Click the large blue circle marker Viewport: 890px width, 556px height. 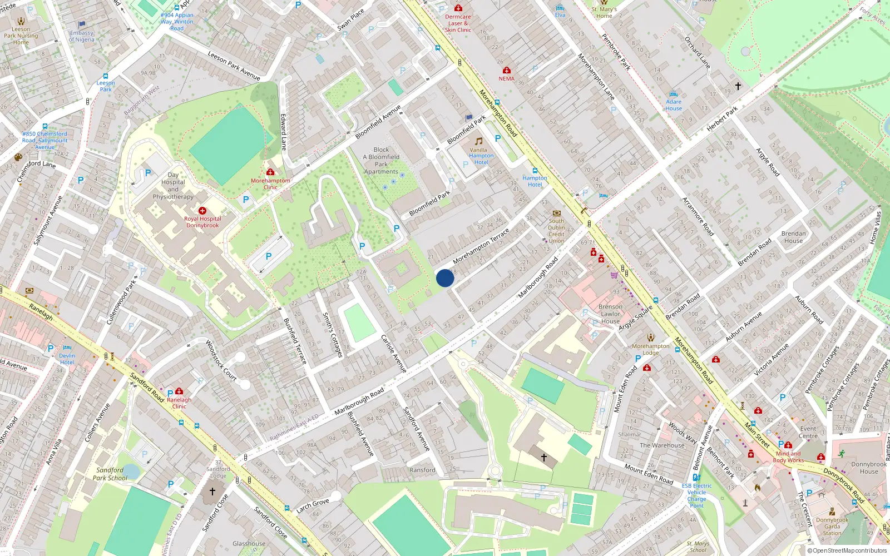445,278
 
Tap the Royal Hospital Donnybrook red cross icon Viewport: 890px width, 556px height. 202,211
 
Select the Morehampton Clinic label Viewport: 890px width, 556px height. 270,183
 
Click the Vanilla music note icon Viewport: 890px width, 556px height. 478,141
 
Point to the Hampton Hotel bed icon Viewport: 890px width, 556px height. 535,171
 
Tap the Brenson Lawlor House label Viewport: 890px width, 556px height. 610,314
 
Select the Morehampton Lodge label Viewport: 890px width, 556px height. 651,349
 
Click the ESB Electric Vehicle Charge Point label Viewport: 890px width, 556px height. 696,495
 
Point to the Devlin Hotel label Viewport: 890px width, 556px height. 67,359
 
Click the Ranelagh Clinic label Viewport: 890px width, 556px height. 179,403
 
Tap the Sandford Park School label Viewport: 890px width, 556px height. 110,474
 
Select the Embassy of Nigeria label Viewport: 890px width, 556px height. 82,36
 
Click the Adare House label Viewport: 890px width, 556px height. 674,105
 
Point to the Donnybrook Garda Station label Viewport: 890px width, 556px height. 832,527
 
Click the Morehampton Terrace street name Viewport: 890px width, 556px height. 481,246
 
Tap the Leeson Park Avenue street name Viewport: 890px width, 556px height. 234,66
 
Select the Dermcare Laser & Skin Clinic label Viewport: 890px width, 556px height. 458,23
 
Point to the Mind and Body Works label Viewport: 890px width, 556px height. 788,456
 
